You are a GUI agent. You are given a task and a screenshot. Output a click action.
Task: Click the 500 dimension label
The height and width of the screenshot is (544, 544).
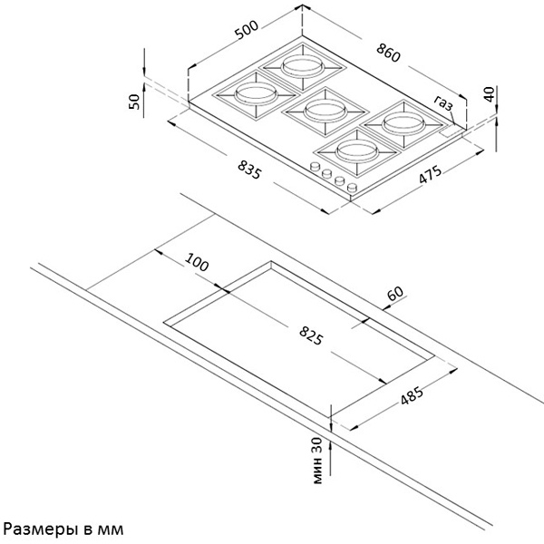tap(247, 30)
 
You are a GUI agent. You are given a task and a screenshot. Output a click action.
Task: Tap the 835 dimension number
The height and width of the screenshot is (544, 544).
tap(249, 170)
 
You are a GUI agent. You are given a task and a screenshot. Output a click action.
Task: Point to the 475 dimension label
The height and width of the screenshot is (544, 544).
tap(430, 174)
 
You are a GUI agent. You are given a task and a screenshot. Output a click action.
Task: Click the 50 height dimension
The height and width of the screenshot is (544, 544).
tap(134, 102)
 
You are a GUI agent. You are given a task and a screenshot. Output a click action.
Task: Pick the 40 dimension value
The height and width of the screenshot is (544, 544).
tap(489, 94)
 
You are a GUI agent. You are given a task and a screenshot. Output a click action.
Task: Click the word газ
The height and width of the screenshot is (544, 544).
tap(443, 102)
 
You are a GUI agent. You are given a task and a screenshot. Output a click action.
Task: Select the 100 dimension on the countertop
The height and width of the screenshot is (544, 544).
tap(197, 262)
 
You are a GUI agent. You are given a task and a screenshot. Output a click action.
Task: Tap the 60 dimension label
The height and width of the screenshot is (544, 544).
tap(396, 294)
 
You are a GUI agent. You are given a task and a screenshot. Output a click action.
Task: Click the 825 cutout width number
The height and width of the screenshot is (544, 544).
tap(311, 336)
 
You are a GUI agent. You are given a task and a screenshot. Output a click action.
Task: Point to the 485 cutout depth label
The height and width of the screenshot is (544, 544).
tap(412, 395)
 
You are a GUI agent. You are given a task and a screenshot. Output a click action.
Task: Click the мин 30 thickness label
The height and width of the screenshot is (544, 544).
tap(317, 460)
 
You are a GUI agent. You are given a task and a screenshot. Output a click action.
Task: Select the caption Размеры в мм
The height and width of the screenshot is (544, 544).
tap(63, 529)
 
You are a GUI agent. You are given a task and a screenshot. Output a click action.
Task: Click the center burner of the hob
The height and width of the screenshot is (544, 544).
tap(325, 112)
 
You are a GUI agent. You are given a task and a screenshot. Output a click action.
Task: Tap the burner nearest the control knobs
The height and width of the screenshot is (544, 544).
tap(357, 151)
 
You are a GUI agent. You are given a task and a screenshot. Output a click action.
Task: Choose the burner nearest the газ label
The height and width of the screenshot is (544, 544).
tap(403, 124)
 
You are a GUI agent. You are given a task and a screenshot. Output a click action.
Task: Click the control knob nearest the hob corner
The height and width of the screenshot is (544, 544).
tap(352, 188)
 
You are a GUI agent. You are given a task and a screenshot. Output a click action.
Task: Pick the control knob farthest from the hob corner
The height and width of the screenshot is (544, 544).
tap(315, 167)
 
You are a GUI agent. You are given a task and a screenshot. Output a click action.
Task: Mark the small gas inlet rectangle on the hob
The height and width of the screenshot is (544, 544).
tap(450, 131)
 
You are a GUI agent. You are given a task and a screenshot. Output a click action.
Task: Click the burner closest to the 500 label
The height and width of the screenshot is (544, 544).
tap(256, 94)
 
